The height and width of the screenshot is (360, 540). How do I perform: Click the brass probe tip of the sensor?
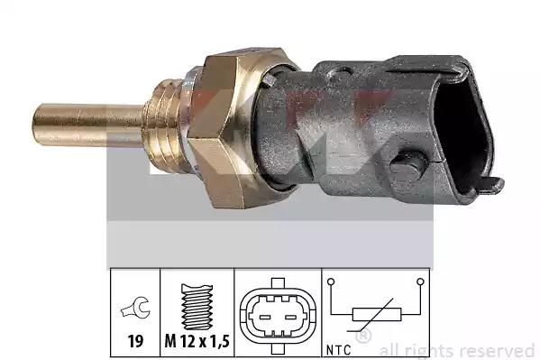point(87,125)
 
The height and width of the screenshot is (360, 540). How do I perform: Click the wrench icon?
point(135,308)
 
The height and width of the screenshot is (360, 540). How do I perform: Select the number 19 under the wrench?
point(135,341)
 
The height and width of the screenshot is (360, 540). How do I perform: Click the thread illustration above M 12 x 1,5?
point(197,307)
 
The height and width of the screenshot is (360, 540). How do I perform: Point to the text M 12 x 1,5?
point(197,341)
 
